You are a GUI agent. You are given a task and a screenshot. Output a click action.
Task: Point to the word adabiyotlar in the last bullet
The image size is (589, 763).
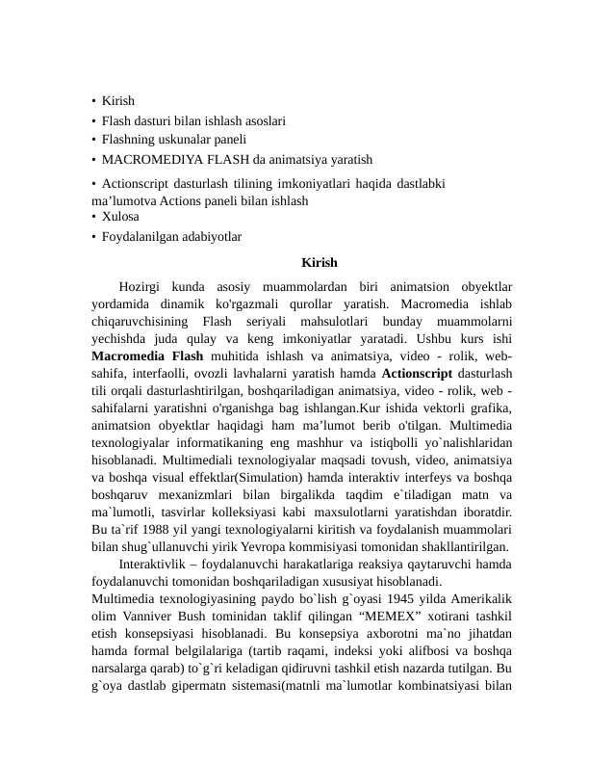point(209,236)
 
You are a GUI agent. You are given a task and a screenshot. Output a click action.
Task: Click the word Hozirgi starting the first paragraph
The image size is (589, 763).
point(141,286)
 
